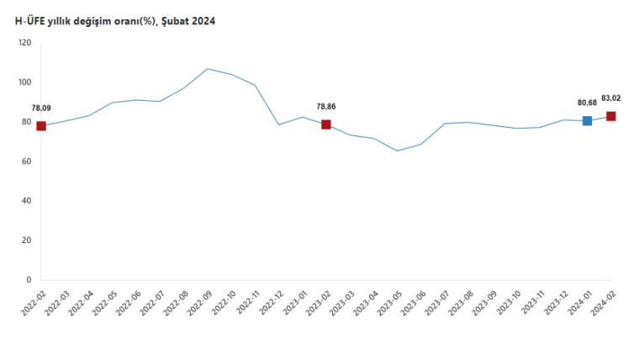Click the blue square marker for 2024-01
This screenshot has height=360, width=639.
pos(587,121)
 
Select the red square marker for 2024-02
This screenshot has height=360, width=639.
pos(611,116)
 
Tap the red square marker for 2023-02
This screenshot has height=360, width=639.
pos(326,124)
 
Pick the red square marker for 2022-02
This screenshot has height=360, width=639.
pos(41,126)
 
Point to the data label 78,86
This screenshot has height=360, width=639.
pos(326,107)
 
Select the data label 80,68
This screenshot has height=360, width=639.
pos(587,103)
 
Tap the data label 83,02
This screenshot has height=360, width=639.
pos(611,98)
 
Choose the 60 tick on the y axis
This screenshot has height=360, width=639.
pos(26,161)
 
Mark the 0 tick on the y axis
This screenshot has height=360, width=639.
pos(29,280)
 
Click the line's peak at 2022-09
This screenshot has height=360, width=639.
pos(208,69)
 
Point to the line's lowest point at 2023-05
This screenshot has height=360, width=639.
pos(398,151)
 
